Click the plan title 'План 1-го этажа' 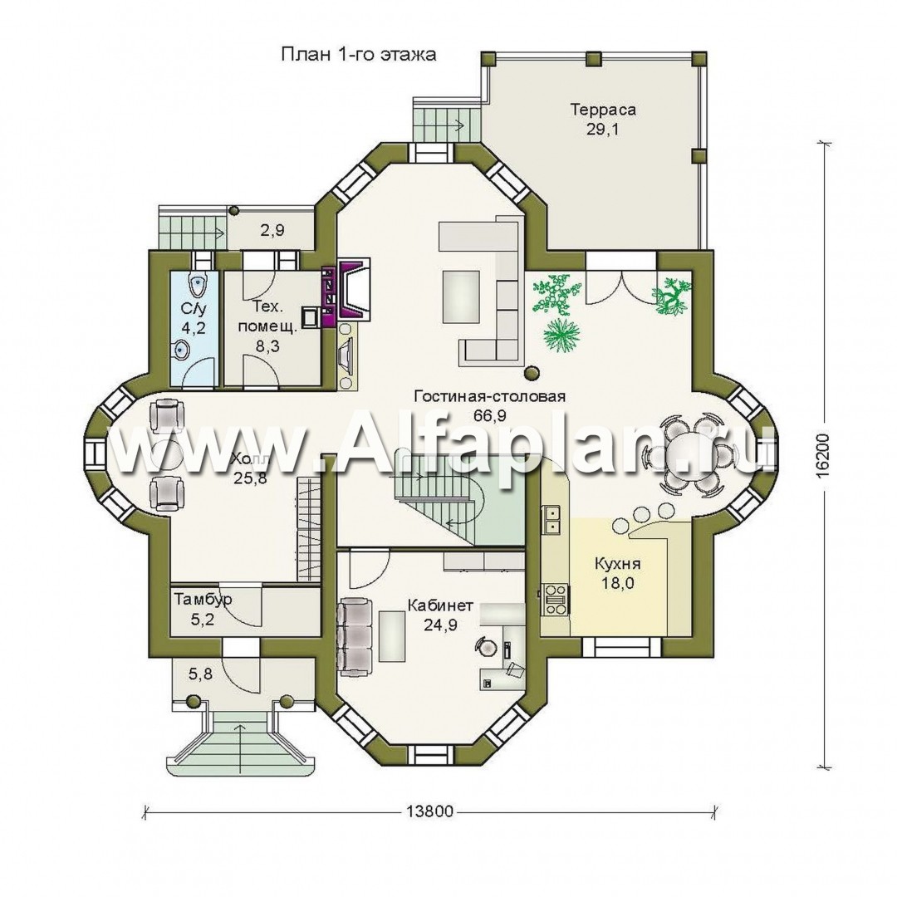[359, 55]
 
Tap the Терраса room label [603, 110]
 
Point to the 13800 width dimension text [429, 811]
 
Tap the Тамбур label [203, 600]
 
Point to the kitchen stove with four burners [555, 598]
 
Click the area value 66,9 [489, 415]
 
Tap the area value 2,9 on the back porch [272, 231]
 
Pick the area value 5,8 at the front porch [200, 674]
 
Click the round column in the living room [532, 372]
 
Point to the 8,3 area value [267, 346]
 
